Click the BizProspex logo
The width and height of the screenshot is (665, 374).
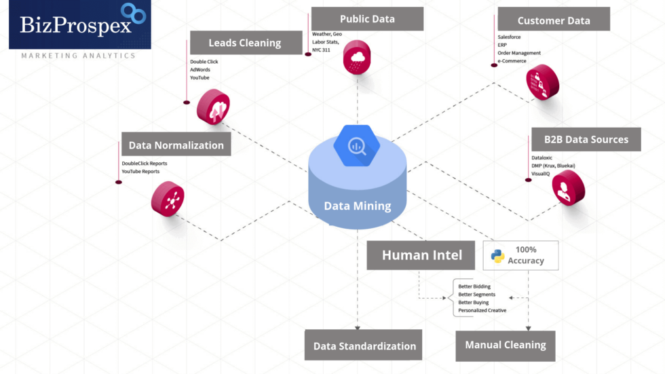[79, 25]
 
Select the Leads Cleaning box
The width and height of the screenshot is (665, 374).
[245, 43]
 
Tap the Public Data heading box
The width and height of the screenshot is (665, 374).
[366, 18]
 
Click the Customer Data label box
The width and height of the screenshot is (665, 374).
[553, 20]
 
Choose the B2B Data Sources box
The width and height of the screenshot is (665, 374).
[586, 139]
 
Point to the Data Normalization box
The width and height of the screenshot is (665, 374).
[176, 145]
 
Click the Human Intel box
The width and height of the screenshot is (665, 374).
[421, 255]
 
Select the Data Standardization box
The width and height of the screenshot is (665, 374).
[364, 345]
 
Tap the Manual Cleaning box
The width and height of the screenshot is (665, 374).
[505, 345]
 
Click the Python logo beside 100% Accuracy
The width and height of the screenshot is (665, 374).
[498, 256]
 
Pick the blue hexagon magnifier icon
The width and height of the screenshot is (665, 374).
[357, 145]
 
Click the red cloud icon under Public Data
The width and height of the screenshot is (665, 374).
[357, 57]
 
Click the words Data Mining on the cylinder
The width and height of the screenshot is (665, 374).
[357, 206]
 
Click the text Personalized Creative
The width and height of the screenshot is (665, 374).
[482, 310]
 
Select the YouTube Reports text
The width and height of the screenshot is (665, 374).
[140, 172]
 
